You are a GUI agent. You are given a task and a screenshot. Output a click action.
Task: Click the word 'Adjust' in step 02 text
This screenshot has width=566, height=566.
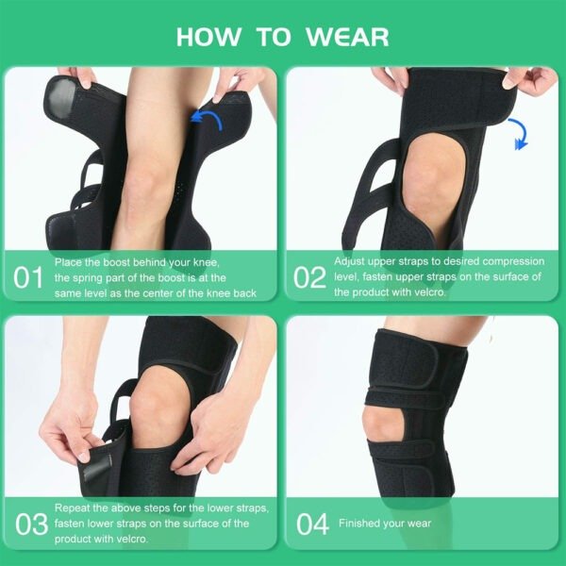click(x=351, y=259)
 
